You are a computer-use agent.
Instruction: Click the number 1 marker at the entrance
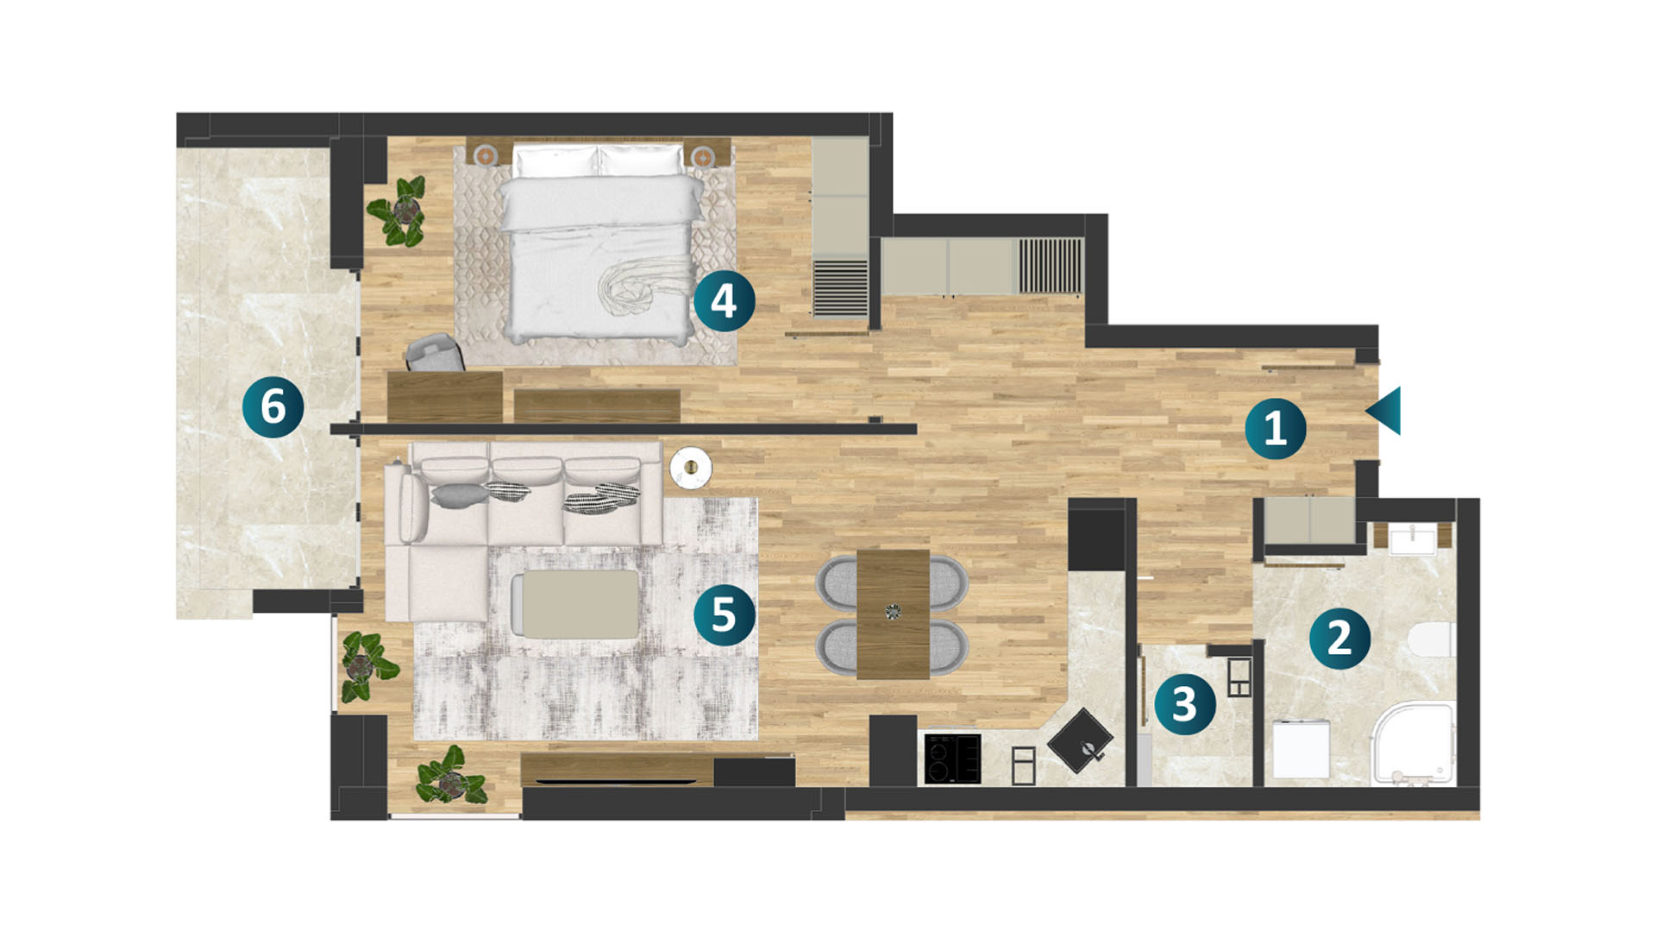pos(1276,428)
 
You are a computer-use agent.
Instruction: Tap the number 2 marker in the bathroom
pos(1339,638)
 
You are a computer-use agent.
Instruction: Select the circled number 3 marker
pos(1185,704)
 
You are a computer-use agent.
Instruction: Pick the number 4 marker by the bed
pos(724,301)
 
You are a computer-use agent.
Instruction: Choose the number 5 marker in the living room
pos(724,615)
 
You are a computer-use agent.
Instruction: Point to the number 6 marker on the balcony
pos(273,406)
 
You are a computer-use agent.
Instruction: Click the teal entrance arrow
pos(1383,411)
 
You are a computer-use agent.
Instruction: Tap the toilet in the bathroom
pos(1432,640)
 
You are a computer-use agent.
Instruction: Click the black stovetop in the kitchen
pos(952,759)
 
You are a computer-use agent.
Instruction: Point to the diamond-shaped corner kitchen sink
pos(1080,740)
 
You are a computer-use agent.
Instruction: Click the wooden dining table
pos(893,614)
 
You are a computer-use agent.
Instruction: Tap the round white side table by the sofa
pos(691,468)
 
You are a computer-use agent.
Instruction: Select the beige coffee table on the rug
pos(575,604)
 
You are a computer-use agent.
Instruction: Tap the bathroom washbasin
pos(1413,540)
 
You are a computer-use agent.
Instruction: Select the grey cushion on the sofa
pos(459,494)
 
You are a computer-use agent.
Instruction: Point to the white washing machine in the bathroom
pos(1302,750)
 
